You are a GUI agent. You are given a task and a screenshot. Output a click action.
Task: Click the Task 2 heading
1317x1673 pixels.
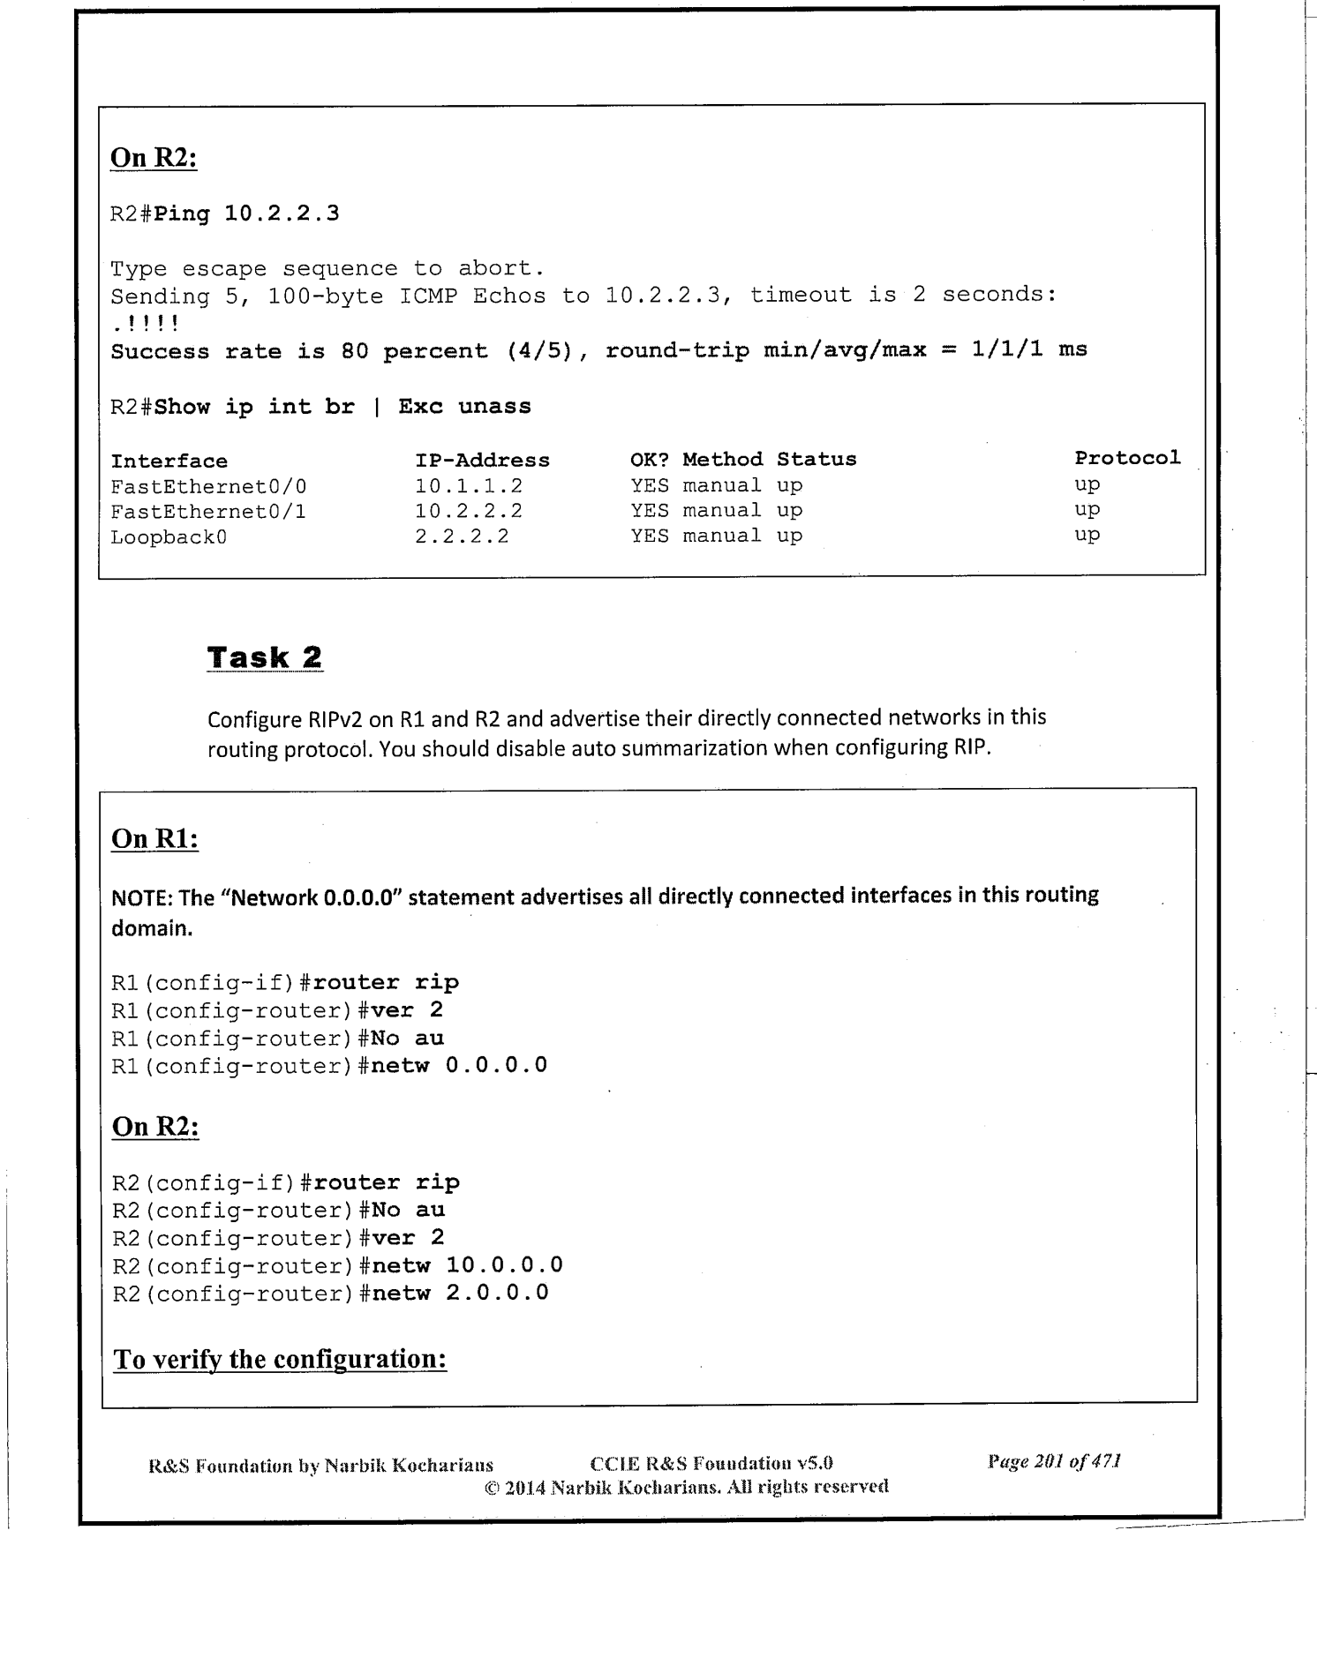[265, 657]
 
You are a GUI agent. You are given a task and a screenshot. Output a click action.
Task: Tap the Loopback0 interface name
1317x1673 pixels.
[169, 536]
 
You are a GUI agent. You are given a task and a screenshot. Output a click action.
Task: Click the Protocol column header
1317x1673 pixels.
[1126, 458]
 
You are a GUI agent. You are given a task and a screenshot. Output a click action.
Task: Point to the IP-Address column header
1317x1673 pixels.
[482, 461]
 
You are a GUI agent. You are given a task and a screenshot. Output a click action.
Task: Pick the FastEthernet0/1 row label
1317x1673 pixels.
[208, 512]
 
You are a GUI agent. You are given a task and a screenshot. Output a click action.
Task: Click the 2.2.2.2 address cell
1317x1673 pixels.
[462, 536]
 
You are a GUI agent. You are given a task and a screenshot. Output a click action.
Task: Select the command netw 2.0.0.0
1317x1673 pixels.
[460, 1294]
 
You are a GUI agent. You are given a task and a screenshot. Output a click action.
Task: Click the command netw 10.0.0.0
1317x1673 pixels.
[467, 1265]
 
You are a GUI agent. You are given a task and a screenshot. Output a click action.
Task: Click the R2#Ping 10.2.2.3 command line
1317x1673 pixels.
[225, 214]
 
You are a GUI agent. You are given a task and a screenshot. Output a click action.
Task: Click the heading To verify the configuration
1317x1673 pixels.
[280, 1359]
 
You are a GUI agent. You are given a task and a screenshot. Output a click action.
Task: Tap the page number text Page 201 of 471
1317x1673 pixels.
[1054, 1462]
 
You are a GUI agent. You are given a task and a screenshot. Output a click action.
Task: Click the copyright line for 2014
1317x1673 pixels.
[686, 1487]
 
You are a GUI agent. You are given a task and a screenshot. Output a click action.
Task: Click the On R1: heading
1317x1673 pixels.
[154, 838]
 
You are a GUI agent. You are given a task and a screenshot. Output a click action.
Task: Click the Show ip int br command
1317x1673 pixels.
[254, 407]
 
